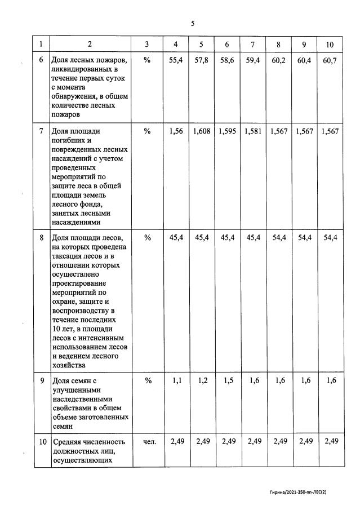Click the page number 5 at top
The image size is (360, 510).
click(x=192, y=24)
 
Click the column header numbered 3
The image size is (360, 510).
click(x=147, y=44)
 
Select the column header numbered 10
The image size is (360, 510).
click(x=330, y=44)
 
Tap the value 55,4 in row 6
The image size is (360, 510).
click(x=177, y=60)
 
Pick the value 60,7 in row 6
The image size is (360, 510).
click(x=330, y=60)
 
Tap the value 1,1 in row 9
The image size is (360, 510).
click(x=177, y=380)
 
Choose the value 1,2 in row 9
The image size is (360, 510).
click(x=203, y=380)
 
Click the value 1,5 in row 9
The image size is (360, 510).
click(x=229, y=380)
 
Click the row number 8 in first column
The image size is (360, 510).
click(x=41, y=238)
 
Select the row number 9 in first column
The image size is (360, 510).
click(x=41, y=380)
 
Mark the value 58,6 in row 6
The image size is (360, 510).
click(x=228, y=60)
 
